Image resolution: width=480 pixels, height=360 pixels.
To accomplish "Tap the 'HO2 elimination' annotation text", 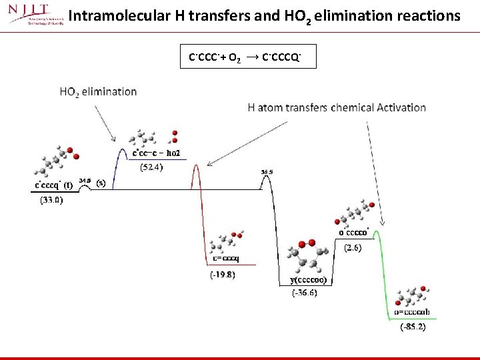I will [98, 92].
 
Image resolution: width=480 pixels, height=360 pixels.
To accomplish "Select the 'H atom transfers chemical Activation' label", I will [337, 107].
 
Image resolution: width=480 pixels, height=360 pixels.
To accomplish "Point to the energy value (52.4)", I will [150, 167].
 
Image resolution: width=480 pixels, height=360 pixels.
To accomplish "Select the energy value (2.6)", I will [353, 247].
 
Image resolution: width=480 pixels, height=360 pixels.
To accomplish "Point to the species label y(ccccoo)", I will [307, 281].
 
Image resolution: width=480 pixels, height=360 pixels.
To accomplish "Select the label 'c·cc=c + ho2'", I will [159, 153].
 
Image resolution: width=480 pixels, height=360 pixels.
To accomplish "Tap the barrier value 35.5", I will [267, 172].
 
